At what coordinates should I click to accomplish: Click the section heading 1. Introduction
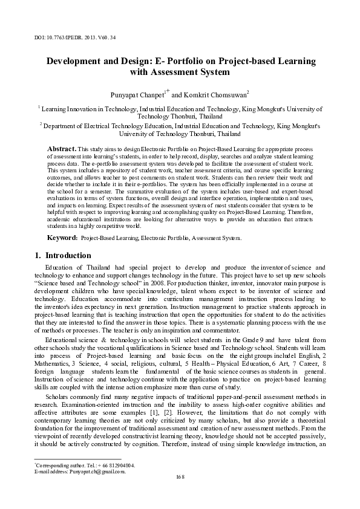pos(60,256)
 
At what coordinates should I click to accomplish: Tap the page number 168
pos(179,476)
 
